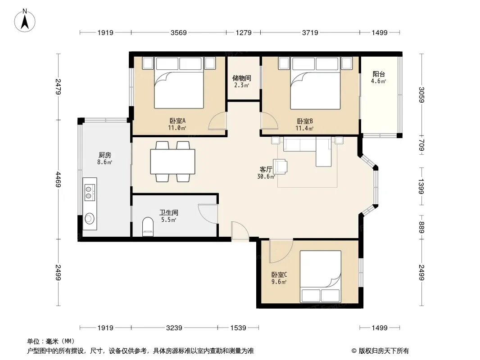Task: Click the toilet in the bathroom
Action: (148, 227)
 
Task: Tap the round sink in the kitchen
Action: (90, 219)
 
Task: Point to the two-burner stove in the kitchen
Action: (90, 192)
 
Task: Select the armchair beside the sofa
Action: (281, 166)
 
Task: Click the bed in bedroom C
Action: (321, 277)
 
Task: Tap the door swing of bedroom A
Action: (217, 121)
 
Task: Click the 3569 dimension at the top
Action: (179, 32)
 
